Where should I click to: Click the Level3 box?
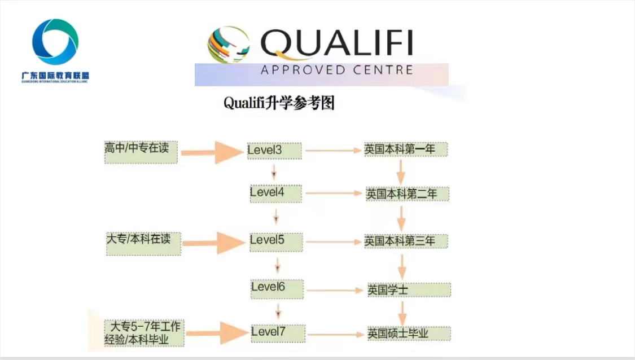[x=274, y=151]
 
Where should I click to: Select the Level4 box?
[x=276, y=193]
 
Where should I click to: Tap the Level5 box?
[x=276, y=242]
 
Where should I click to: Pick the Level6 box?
[x=277, y=288]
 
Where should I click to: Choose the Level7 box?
[x=278, y=332]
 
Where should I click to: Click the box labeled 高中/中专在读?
[x=141, y=151]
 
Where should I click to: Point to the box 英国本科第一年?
[x=405, y=150]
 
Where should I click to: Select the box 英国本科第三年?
[x=406, y=241]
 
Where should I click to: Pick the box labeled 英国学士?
[x=409, y=290]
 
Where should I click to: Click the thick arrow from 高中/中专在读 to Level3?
[x=211, y=152]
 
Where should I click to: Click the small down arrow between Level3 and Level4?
[x=274, y=171]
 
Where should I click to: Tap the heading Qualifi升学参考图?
[x=279, y=103]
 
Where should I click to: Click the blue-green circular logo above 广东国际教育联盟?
[x=55, y=42]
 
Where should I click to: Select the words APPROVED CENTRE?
[x=337, y=70]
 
